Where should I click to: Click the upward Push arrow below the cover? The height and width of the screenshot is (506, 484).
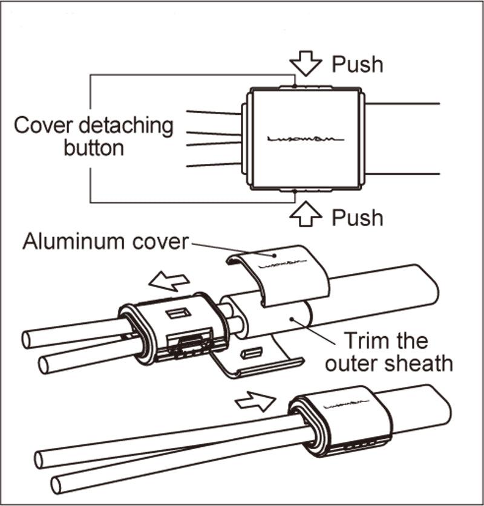(307, 215)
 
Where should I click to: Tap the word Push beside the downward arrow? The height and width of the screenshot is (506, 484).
(358, 64)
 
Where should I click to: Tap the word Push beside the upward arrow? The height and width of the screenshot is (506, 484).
(358, 217)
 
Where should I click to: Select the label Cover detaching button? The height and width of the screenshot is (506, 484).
(93, 137)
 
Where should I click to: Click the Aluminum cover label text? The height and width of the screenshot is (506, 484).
(105, 242)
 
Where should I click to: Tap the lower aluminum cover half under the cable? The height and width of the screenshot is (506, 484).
(260, 360)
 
